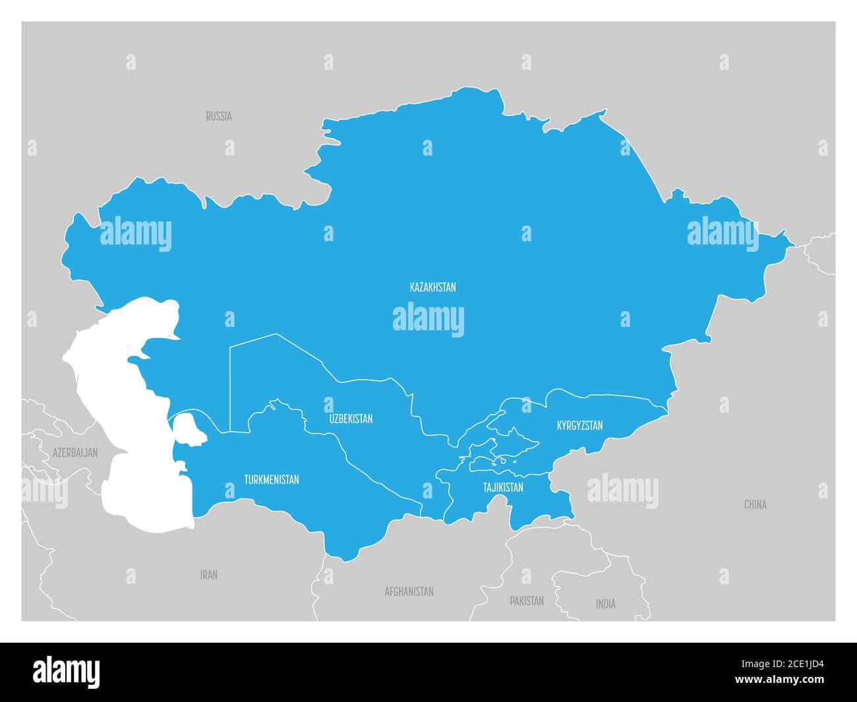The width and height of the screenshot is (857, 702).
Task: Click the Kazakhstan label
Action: pos(432,287)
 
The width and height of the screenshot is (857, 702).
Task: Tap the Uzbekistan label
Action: pos(351,419)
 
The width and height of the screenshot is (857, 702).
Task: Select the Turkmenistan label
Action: pos(271,479)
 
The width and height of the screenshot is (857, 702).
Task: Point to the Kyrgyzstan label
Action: pos(579,425)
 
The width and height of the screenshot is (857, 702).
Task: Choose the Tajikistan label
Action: pos(503,487)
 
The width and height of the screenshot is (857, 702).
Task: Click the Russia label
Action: pos(218,116)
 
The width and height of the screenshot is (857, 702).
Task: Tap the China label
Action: pos(755,504)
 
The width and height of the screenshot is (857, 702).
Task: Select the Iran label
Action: pos(209,575)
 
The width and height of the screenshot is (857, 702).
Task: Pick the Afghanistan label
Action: pos(409,591)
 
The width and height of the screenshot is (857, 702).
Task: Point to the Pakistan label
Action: pos(527,600)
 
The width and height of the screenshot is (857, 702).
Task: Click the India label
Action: pos(605,604)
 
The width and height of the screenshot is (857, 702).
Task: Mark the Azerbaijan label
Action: pos(75,452)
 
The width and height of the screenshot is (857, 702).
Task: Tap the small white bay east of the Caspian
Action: pos(187,428)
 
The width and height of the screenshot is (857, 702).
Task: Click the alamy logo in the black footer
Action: pos(67,671)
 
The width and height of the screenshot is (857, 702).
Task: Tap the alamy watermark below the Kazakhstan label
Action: pos(428,319)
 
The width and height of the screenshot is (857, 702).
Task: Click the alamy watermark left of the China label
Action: pos(622,491)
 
